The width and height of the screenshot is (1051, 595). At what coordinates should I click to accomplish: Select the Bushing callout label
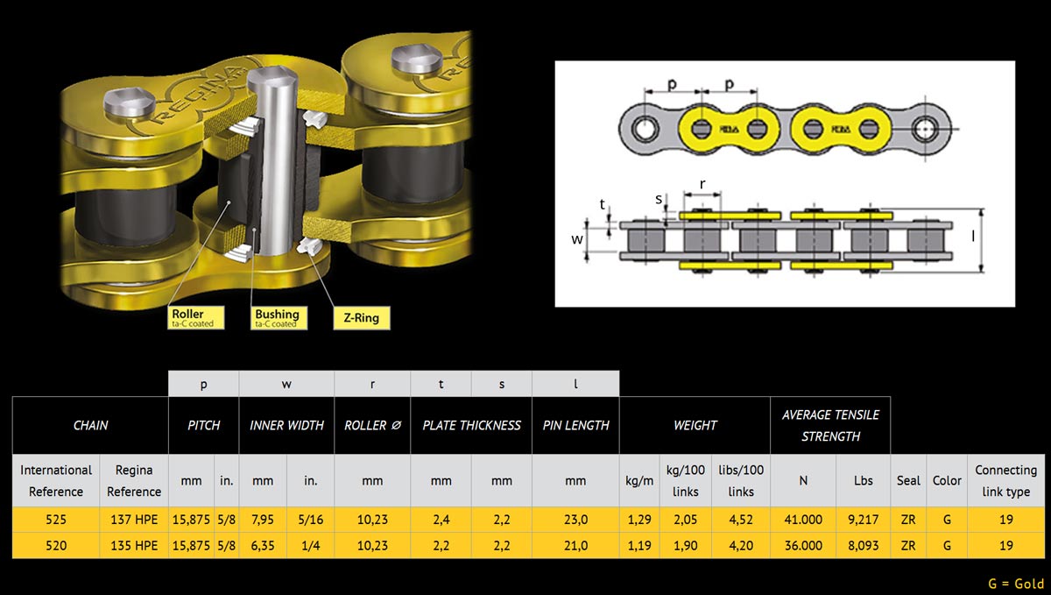pos(277,317)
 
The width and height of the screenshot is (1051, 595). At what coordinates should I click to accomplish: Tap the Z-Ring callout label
pos(361,317)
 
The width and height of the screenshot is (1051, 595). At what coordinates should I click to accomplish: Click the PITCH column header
pos(203,425)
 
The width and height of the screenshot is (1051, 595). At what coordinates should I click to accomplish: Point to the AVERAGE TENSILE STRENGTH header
pos(830,425)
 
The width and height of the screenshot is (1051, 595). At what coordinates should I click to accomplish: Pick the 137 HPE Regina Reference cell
pos(134,520)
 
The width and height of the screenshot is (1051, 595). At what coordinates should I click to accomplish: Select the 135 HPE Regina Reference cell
pos(134,545)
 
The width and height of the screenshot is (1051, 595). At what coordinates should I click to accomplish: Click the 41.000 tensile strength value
pos(803,520)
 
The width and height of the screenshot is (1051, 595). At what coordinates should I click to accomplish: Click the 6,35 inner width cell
pos(263,545)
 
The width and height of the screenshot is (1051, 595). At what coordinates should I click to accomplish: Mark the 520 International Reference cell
pos(55,545)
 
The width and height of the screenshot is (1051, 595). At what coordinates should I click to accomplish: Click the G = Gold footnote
pos(1015,584)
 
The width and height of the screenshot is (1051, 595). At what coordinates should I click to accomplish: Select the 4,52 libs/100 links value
pos(740,520)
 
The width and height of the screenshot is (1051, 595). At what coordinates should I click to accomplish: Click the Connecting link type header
pos(1005,480)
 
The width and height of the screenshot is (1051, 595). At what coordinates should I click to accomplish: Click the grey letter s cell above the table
pos(501,384)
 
